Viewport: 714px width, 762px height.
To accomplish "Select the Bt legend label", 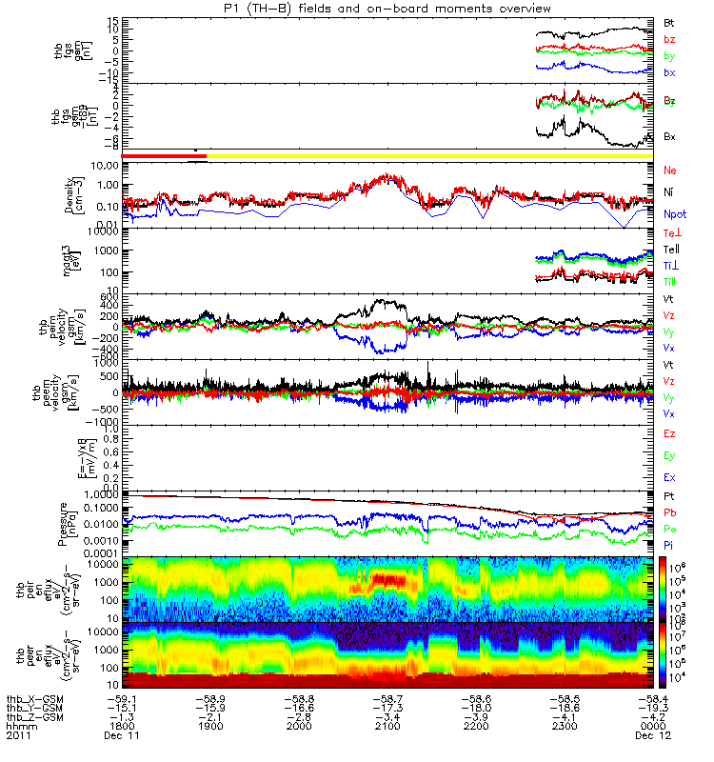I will click(669, 22).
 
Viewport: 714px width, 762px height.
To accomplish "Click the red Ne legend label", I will click(670, 170).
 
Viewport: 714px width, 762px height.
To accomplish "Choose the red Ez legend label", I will click(670, 433).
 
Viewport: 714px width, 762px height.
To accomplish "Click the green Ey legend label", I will click(670, 455).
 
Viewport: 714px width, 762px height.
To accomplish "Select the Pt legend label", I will click(669, 496).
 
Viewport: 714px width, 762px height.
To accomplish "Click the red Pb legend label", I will click(670, 512).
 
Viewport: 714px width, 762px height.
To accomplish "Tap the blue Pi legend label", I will click(669, 544).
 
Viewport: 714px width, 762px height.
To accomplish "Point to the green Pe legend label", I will click(670, 528).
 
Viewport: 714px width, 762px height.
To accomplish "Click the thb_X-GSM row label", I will click(33, 697).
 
